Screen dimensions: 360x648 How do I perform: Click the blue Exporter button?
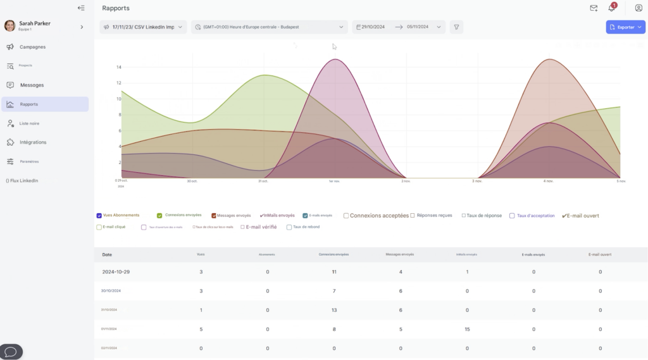(625, 27)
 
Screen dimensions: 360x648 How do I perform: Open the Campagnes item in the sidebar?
(32, 47)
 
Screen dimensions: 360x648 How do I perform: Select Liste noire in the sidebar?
(33, 123)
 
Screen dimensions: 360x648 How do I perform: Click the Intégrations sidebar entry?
(33, 142)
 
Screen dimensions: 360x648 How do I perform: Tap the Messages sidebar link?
(32, 85)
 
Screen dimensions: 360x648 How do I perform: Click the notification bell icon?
(611, 8)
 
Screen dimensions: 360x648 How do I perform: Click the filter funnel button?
(456, 27)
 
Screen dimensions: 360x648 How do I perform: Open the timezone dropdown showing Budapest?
(270, 27)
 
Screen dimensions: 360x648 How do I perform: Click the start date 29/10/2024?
(373, 27)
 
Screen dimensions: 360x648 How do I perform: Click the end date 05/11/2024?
(418, 27)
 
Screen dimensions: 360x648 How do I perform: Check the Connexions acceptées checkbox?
(346, 216)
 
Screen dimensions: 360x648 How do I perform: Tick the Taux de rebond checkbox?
(289, 227)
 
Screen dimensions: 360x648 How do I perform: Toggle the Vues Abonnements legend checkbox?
(99, 216)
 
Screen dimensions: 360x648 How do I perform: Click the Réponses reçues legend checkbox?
(413, 216)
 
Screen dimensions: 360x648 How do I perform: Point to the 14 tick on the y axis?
(118, 67)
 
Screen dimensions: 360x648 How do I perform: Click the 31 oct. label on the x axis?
(263, 182)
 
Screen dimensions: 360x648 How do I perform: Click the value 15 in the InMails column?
(467, 329)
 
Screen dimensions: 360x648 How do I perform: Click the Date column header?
(107, 254)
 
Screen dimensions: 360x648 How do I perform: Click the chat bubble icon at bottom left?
(11, 352)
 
